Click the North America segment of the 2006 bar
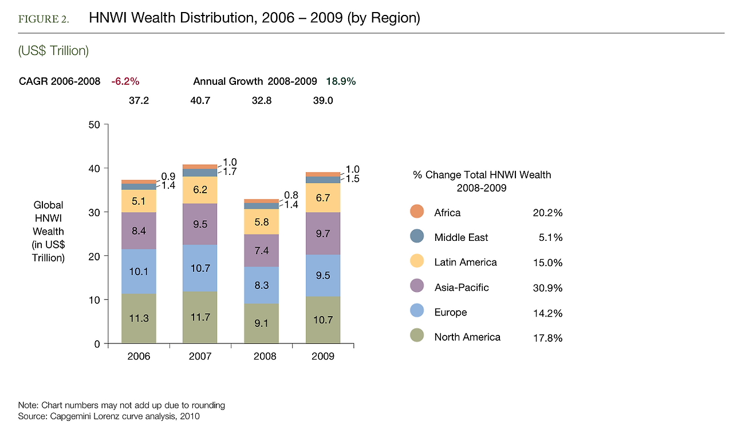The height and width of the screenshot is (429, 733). click(x=139, y=319)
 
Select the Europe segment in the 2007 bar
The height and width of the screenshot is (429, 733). click(x=200, y=268)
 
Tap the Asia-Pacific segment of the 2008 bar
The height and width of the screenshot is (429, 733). click(x=261, y=250)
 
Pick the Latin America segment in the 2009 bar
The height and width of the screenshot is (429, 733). click(x=323, y=198)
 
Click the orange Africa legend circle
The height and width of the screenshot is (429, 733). click(x=417, y=212)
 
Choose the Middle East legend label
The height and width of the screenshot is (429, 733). click(x=461, y=237)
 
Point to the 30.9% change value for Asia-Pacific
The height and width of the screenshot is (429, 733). click(x=547, y=288)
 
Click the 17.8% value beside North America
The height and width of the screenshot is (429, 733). click(x=547, y=338)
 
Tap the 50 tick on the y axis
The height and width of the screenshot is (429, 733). click(x=94, y=125)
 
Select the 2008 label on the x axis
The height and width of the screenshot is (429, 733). click(x=262, y=356)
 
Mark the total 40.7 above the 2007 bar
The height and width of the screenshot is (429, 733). click(x=200, y=100)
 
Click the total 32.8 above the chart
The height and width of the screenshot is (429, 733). click(x=262, y=100)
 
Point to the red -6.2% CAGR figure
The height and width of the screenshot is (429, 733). click(x=125, y=81)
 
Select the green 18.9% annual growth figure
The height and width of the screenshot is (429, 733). click(x=341, y=81)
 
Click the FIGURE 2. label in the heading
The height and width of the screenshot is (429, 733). click(x=44, y=19)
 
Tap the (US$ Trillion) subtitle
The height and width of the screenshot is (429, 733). click(x=53, y=51)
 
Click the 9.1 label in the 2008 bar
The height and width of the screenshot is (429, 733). click(x=261, y=322)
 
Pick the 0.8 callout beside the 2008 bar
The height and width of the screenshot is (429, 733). click(x=291, y=195)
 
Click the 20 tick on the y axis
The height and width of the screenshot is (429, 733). click(x=94, y=256)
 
